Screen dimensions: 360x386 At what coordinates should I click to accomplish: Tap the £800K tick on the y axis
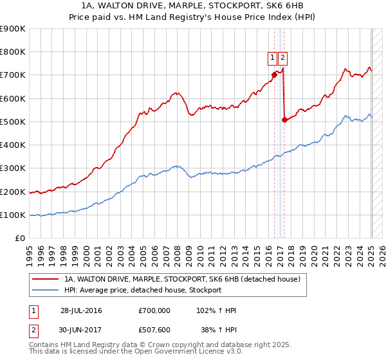pyautogui.click(x=13, y=52)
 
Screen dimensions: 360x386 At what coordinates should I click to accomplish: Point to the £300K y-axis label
pyautogui.click(x=13, y=168)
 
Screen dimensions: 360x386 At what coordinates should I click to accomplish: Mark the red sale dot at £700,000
pyautogui.click(x=274, y=75)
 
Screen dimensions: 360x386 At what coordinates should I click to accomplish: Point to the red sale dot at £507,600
pyautogui.click(x=284, y=120)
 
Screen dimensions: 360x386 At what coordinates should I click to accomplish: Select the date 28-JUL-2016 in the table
pyautogui.click(x=81, y=310)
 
